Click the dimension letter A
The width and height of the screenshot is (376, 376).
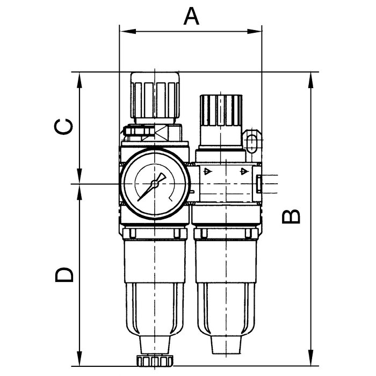[x=191, y=16]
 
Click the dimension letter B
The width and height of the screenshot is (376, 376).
[x=291, y=216]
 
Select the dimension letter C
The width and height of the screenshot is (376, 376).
[x=63, y=126]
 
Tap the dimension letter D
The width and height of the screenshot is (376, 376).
[x=64, y=275]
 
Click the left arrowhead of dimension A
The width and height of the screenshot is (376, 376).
[x=128, y=31]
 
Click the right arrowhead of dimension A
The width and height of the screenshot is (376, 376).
[x=254, y=31]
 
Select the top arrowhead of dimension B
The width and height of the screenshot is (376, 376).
[x=311, y=80]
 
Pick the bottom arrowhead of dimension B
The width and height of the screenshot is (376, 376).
[x=311, y=358]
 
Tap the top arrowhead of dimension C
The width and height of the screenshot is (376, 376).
[x=79, y=80]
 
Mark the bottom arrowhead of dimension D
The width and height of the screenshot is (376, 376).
[x=79, y=358]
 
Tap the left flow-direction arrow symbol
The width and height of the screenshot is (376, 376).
[x=207, y=171]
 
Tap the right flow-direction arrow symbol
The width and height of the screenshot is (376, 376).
[x=244, y=171]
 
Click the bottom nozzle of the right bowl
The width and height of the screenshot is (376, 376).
[x=226, y=344]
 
